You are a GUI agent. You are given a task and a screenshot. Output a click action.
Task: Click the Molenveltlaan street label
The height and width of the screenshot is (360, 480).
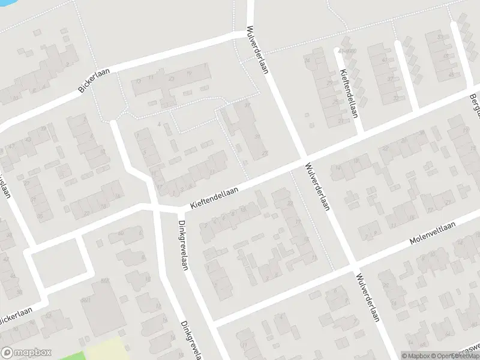(433, 233)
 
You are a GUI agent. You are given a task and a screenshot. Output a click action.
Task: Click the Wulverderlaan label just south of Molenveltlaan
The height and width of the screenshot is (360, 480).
(367, 298)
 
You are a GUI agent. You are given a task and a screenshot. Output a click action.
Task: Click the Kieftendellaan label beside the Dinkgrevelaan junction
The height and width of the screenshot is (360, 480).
(214, 197)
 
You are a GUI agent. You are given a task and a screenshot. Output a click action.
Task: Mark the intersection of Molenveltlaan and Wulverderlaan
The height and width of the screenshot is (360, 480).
(354, 263)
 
